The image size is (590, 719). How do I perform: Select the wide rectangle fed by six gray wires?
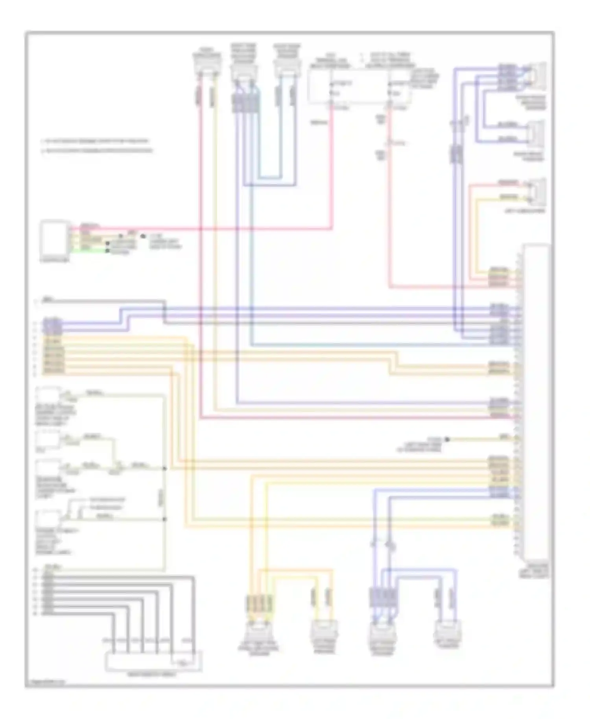click(x=153, y=661)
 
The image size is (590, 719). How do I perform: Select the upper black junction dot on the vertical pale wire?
click(x=165, y=469)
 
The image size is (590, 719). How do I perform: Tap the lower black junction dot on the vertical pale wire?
click(x=165, y=519)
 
